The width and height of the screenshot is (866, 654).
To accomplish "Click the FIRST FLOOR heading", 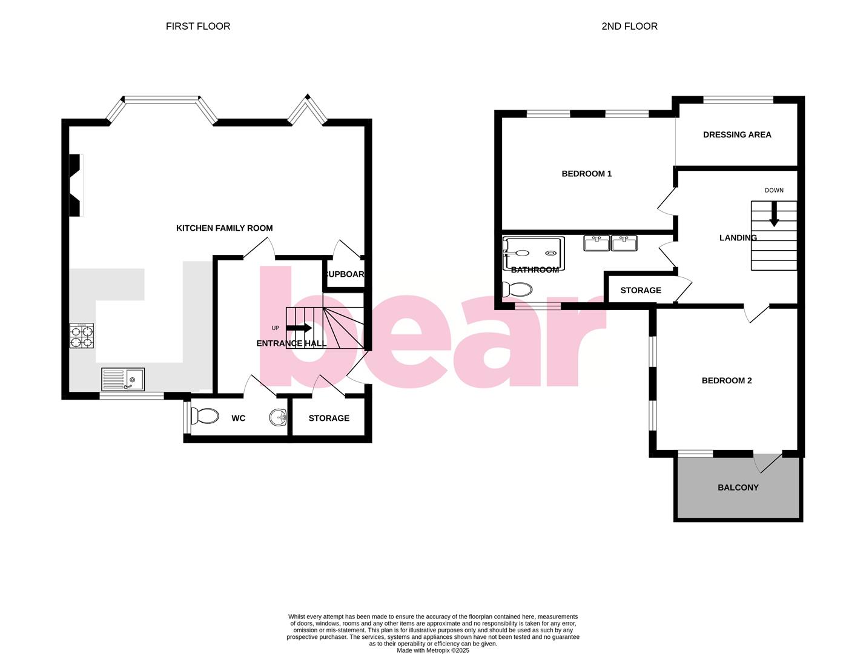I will [198, 26].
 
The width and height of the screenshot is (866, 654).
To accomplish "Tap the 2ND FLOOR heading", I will [629, 26].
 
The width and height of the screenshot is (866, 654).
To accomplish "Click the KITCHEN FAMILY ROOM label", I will [224, 228].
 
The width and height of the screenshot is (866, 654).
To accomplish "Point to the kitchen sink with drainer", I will [123, 380].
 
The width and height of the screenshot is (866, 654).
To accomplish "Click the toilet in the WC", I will [205, 417].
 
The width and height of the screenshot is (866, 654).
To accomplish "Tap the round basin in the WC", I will [278, 417].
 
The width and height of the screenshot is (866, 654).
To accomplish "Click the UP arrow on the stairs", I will [299, 328].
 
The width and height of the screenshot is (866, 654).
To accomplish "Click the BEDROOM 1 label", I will [586, 174].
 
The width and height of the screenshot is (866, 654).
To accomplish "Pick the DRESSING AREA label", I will [737, 135].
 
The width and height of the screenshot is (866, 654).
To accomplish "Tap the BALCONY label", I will [738, 487].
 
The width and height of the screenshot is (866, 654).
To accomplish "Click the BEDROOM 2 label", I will [727, 381].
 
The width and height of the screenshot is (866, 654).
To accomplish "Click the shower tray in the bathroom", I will [534, 253].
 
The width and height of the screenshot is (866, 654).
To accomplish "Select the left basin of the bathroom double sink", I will [597, 243].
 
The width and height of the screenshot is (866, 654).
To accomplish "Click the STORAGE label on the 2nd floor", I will [640, 291].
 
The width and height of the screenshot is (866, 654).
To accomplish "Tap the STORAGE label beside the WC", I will [329, 418].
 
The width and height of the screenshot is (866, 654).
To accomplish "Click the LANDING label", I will [738, 238].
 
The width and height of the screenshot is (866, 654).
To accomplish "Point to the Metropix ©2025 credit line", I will [433, 650].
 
